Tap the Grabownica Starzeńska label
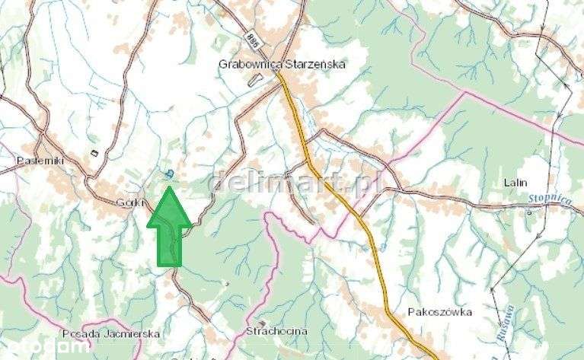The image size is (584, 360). pos(282,65)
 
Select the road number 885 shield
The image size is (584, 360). pos(252,39)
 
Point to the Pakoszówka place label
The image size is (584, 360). pos(439,312)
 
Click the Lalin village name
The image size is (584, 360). pos(516,183)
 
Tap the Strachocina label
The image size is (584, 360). pos(277,332)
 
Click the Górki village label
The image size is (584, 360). pos(126,203)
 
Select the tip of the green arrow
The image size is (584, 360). pos(169,189)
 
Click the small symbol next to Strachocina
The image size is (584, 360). pos(262,323)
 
